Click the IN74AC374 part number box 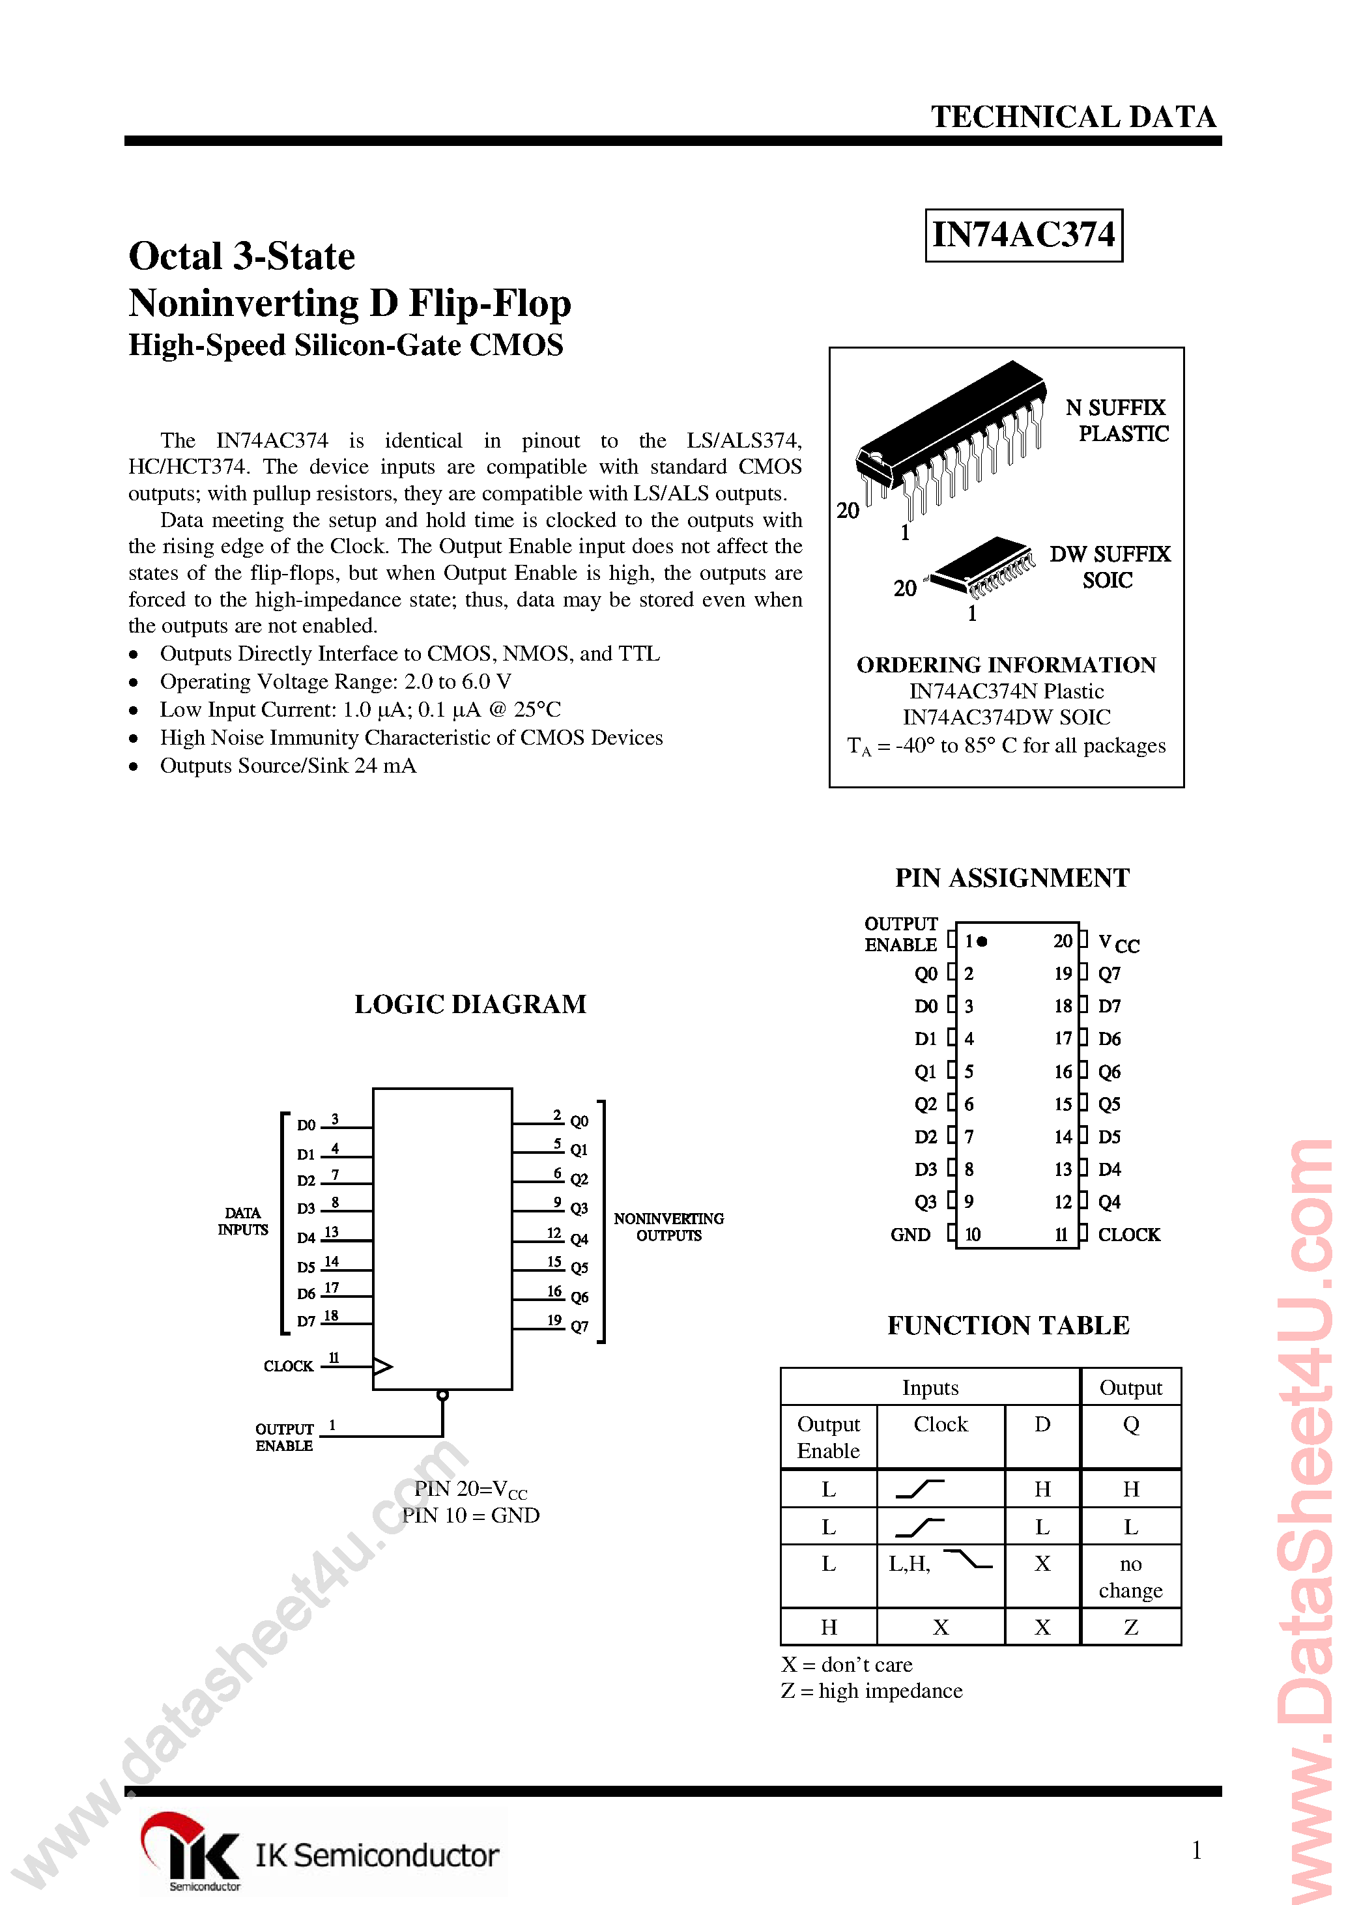1024,236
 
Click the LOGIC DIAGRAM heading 470,1004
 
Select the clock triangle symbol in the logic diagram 382,1366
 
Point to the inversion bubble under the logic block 442,1396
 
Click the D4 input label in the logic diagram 306,1238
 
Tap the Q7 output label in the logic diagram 579,1326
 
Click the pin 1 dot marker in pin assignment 982,941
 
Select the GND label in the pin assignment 910,1235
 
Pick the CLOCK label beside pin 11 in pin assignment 1128,1235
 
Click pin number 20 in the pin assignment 1062,941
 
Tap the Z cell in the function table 1130,1627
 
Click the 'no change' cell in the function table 1130,1577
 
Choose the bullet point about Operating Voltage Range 336,681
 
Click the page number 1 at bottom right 1196,1850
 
